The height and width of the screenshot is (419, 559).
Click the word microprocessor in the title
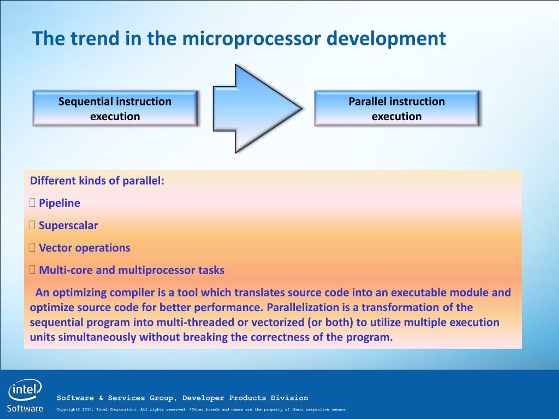point(252,39)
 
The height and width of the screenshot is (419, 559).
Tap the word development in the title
point(386,39)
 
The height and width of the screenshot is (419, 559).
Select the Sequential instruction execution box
point(115,109)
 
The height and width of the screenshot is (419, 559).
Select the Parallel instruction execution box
point(397,109)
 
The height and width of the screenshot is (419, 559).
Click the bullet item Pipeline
point(59,203)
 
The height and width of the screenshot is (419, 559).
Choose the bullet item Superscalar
point(68,225)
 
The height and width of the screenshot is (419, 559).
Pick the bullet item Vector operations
point(85,248)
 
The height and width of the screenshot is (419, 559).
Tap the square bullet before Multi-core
point(32,270)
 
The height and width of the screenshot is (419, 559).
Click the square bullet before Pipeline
point(32,203)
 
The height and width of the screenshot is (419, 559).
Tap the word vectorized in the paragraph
point(278,322)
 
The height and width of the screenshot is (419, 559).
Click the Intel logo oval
point(25,390)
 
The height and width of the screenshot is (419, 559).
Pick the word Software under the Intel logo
point(25,408)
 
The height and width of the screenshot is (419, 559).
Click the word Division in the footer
point(289,398)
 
